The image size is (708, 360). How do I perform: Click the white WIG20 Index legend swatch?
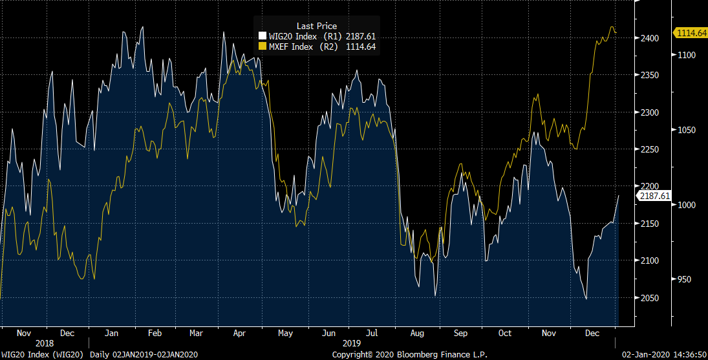click(262, 36)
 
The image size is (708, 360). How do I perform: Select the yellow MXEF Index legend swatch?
click(262, 47)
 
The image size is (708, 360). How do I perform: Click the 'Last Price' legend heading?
click(316, 26)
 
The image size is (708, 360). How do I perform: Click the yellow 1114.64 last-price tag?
click(691, 32)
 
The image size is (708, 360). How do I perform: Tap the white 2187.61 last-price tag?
click(654, 195)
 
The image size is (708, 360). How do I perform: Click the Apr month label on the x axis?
click(239, 334)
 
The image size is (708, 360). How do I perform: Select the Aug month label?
click(417, 334)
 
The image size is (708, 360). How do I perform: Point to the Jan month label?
click(111, 334)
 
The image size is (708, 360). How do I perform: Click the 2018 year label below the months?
click(45, 343)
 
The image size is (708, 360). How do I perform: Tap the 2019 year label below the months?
click(351, 343)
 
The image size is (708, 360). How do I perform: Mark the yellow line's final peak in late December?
click(612, 27)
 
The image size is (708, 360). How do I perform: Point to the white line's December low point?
click(586, 299)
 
